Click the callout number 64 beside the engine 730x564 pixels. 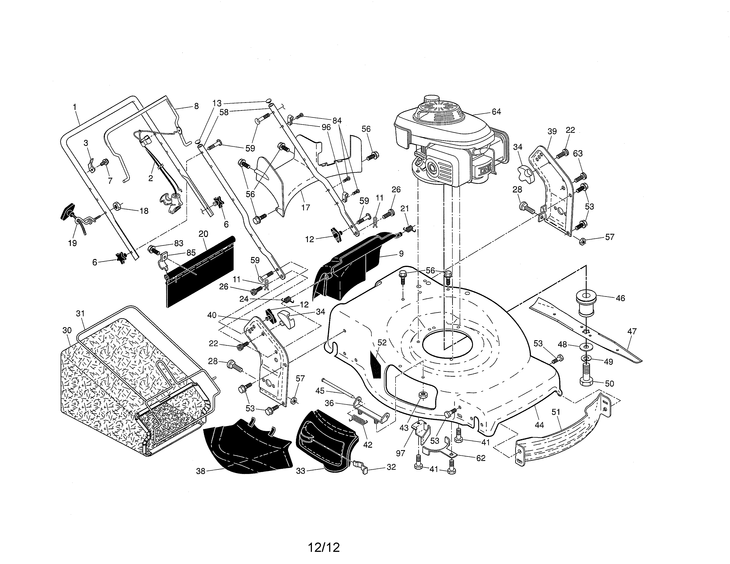[496, 112]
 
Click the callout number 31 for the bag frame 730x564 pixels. [80, 313]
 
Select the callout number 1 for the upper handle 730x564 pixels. [75, 107]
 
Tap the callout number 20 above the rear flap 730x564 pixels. [203, 234]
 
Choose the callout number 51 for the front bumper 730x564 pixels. [555, 412]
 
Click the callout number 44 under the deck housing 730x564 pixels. [539, 425]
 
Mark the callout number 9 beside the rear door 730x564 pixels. [401, 254]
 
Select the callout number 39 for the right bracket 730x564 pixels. [552, 131]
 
